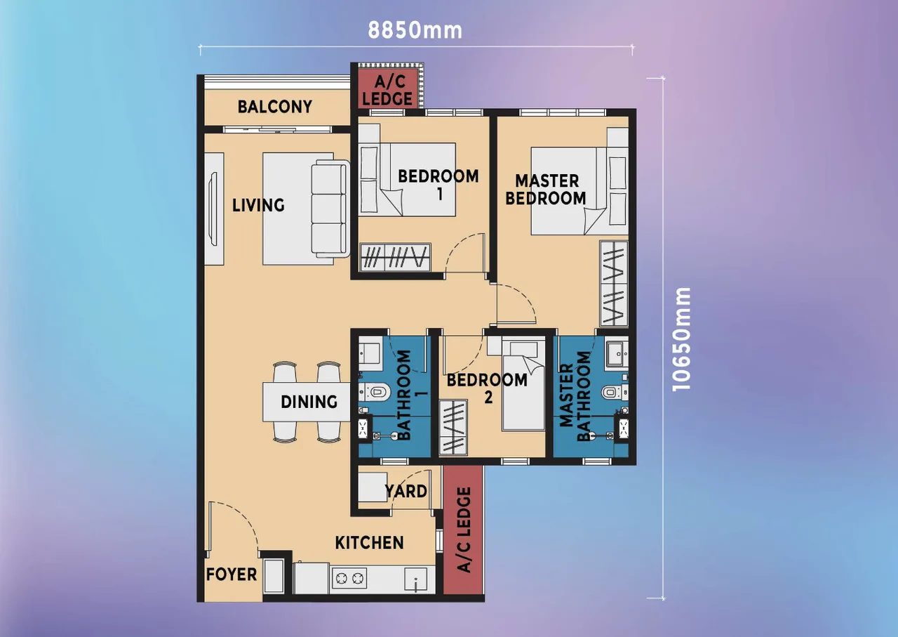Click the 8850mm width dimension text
(x=415, y=30)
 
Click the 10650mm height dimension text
(x=681, y=339)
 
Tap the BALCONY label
(x=274, y=107)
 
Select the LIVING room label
(x=258, y=205)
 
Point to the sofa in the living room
(x=330, y=209)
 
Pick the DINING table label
(x=309, y=402)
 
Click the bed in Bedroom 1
(x=407, y=179)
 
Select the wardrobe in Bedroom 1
(x=394, y=256)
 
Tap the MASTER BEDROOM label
(x=546, y=190)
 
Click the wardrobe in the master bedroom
(x=614, y=283)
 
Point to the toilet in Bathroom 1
(x=375, y=392)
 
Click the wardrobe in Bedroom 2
(x=453, y=427)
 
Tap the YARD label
(x=406, y=491)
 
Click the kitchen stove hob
(x=349, y=579)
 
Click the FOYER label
(x=231, y=574)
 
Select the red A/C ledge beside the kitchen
(x=463, y=530)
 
